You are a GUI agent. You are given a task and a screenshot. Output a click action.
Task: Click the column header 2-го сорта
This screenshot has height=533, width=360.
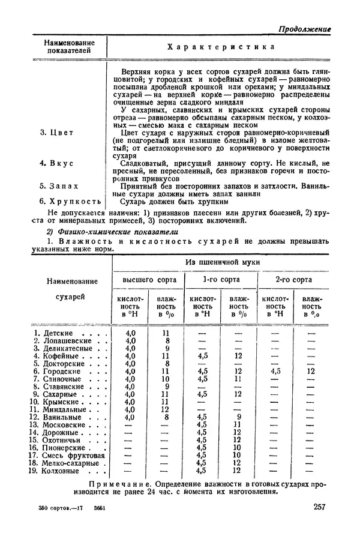click(293, 280)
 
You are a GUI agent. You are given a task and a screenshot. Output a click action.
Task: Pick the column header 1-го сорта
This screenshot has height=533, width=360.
click(221, 280)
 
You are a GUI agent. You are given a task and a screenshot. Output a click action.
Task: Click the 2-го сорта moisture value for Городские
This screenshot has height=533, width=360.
click(311, 372)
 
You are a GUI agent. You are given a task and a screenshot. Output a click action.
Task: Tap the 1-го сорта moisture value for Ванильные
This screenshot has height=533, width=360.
click(238, 417)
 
